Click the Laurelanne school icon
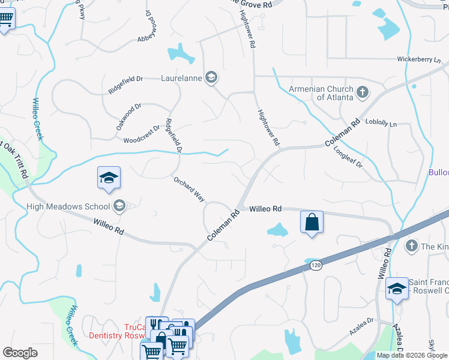coord(211,77)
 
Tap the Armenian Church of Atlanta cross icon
coord(362,92)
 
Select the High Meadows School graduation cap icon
coord(119,206)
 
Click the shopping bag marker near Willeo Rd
coord(312,222)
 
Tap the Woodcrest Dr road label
coord(142,135)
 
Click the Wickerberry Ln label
coord(418,60)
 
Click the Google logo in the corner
coord(20,353)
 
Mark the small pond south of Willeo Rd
coord(277,229)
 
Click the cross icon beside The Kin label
coord(411,245)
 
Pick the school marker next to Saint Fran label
coord(397,289)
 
